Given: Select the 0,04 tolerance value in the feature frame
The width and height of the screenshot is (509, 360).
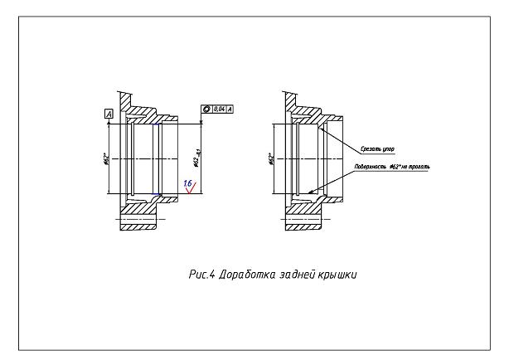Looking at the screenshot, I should tap(221, 109).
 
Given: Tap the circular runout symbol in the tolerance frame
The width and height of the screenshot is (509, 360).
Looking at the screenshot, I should tap(207, 109).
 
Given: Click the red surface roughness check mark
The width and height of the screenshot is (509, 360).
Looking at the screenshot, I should tap(193, 188).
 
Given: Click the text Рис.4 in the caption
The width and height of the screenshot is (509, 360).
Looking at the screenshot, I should tap(199, 275).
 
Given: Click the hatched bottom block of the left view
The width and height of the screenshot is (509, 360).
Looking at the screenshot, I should tap(138, 220).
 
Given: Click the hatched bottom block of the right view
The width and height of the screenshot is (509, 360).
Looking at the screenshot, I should tap(303, 220).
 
